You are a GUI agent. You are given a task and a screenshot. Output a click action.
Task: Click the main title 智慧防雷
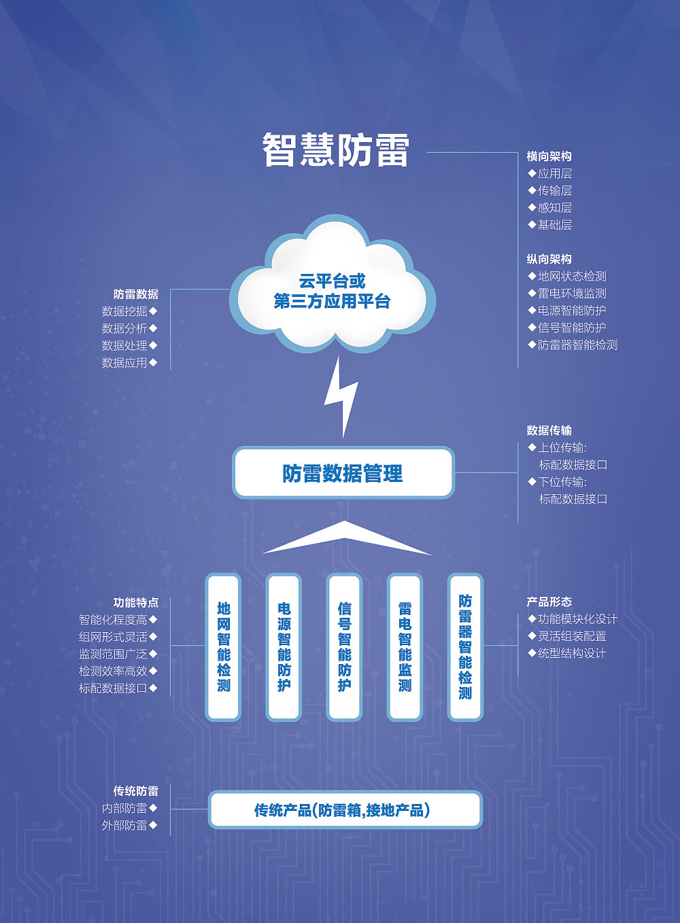coord(335,150)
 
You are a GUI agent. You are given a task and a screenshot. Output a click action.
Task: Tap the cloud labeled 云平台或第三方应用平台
coord(332,291)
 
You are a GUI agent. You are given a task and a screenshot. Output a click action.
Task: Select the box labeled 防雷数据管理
coord(343,473)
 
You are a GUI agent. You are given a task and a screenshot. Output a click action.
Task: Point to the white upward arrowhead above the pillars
coord(345,536)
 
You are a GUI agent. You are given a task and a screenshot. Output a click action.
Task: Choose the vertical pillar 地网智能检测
coord(223,646)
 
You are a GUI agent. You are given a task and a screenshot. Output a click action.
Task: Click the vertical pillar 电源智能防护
coord(284,646)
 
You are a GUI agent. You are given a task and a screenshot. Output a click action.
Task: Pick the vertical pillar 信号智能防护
coord(344,646)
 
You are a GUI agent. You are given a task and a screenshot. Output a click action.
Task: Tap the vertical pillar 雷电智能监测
coord(405,646)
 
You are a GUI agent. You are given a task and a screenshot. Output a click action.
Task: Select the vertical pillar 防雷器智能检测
coord(465,646)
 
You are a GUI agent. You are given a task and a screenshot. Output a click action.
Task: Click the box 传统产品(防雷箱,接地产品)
coord(345,809)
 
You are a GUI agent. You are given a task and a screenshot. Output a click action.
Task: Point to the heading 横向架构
coord(549,156)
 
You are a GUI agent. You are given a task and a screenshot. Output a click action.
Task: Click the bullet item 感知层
coord(554,207)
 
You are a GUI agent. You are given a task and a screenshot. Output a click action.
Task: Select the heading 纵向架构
coord(549,259)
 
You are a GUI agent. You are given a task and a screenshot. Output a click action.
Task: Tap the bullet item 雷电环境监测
coord(571,293)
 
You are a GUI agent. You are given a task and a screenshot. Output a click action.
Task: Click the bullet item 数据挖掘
coord(124,311)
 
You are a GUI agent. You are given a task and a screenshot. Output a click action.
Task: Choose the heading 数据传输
coord(549,430)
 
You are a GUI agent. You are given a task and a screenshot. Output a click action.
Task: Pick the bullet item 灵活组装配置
coord(571,636)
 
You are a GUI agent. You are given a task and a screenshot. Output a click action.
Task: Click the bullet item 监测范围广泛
coord(114,654)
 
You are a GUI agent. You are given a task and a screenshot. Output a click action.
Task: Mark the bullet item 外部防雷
coord(124,825)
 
